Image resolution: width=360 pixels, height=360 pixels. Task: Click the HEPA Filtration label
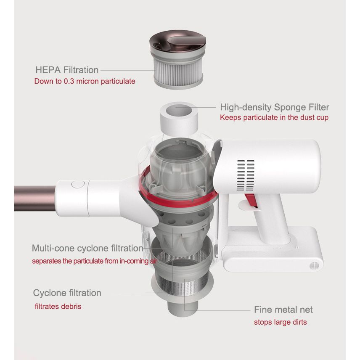click(67, 70)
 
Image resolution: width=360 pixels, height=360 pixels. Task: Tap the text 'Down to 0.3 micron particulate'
click(85, 81)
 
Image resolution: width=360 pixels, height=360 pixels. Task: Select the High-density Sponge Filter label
click(275, 107)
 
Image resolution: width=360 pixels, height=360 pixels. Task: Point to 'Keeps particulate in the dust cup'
click(274, 118)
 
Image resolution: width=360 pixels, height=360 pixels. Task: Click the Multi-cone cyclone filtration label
click(87, 248)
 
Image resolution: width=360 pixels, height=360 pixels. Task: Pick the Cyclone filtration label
click(67, 293)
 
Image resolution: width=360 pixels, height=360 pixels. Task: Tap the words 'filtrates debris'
click(58, 307)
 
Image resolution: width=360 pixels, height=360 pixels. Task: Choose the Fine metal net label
click(283, 310)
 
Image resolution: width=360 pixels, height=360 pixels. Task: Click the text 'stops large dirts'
click(281, 322)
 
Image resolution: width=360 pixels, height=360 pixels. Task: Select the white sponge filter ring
click(179, 119)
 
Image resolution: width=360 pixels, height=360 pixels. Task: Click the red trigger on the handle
click(251, 201)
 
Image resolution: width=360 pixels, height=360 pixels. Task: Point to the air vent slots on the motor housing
click(246, 176)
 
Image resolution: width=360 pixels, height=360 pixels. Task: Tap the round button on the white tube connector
click(78, 184)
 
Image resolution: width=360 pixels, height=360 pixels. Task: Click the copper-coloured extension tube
click(34, 199)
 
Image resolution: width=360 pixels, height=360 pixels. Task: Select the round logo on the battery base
click(314, 266)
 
